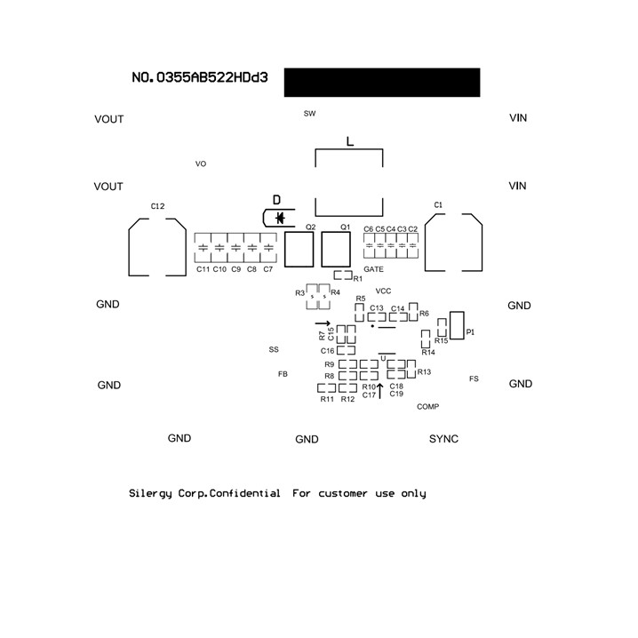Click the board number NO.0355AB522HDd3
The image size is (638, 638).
tap(200, 78)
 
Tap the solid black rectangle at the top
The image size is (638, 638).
tap(382, 82)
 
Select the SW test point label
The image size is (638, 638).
tap(309, 114)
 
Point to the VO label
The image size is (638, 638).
tap(201, 164)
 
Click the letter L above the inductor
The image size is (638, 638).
tap(349, 141)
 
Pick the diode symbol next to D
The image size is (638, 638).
tap(279, 217)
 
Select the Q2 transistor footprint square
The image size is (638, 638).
tap(299, 250)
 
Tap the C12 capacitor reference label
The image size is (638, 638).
tap(157, 206)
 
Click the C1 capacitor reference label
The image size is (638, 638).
tap(438, 205)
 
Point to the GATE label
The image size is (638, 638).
tap(374, 269)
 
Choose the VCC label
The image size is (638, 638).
tap(383, 291)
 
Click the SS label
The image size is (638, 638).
tap(274, 350)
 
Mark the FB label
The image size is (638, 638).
tap(283, 374)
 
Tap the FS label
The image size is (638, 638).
tap(474, 379)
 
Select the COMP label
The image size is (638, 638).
tap(428, 406)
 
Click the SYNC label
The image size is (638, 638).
tap(443, 439)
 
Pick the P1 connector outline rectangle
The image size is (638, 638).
tap(458, 325)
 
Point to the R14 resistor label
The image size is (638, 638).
tap(428, 353)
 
